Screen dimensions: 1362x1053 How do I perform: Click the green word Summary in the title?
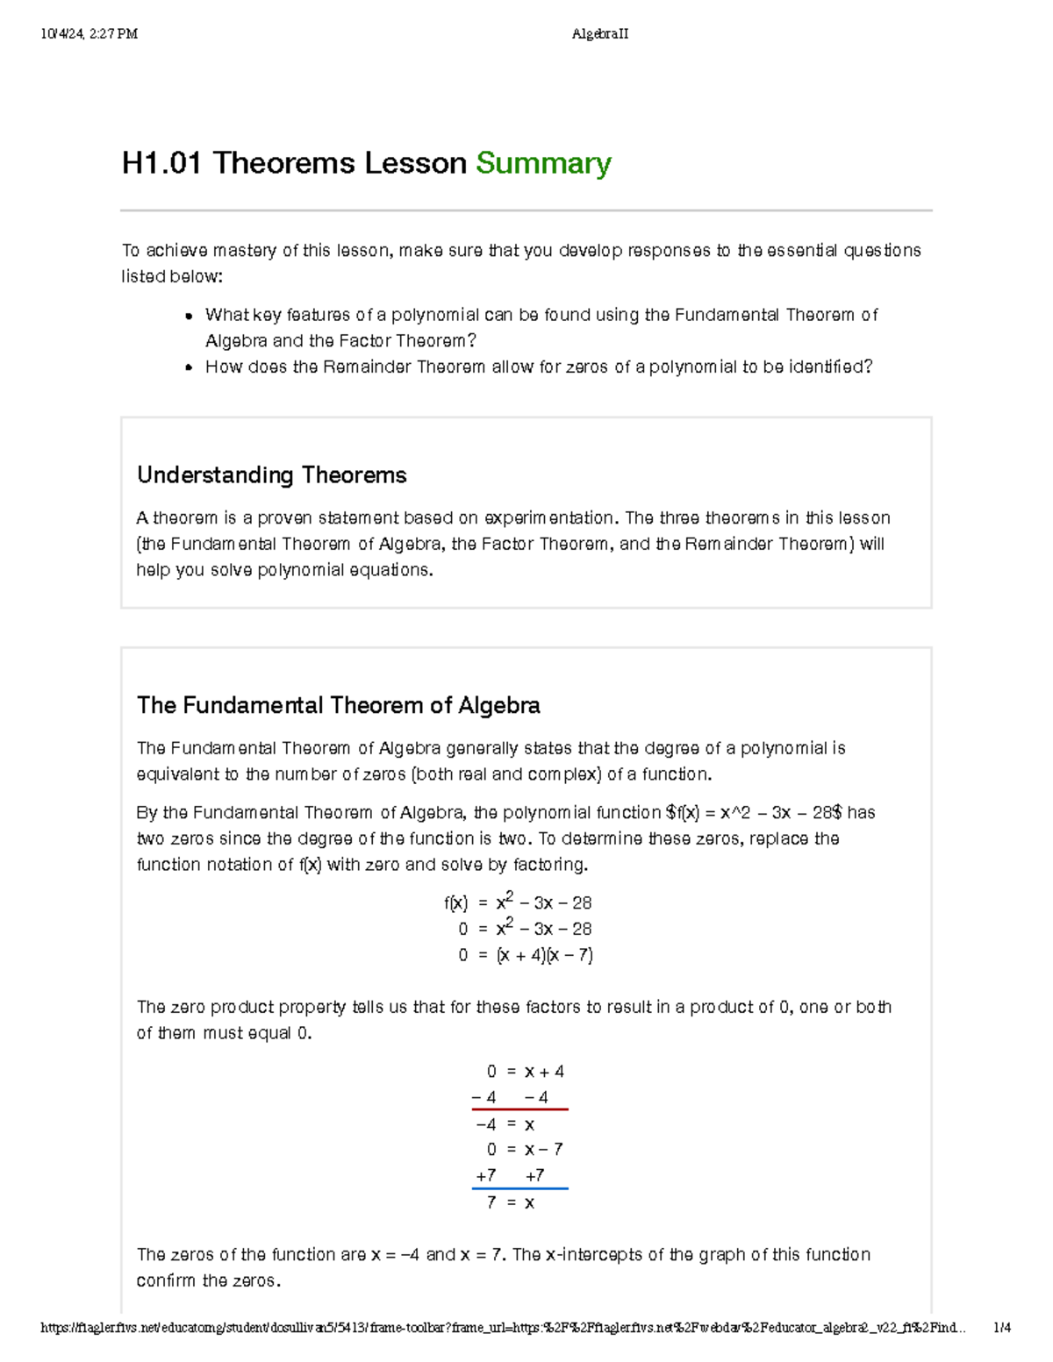(x=543, y=163)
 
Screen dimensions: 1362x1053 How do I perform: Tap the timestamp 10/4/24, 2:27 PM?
(x=89, y=34)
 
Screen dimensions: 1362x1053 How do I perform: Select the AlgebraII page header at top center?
(x=599, y=34)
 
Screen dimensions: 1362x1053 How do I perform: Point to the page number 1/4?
(x=1001, y=1328)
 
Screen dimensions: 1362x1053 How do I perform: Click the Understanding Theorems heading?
(x=271, y=475)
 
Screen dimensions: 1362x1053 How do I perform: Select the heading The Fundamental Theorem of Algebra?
(x=338, y=705)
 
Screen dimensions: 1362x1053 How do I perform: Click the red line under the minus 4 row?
(x=519, y=1109)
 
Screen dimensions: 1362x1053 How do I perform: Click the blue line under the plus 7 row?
(x=519, y=1188)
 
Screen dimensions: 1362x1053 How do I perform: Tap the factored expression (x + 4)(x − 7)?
(x=544, y=955)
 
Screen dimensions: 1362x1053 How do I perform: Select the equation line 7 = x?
(x=510, y=1202)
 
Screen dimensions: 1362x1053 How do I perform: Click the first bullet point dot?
(x=189, y=317)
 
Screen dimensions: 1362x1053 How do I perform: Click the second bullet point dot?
(x=189, y=368)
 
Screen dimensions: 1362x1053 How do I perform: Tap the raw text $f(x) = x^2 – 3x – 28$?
(x=754, y=813)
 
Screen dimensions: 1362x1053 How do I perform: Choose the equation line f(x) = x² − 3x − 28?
(x=518, y=902)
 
